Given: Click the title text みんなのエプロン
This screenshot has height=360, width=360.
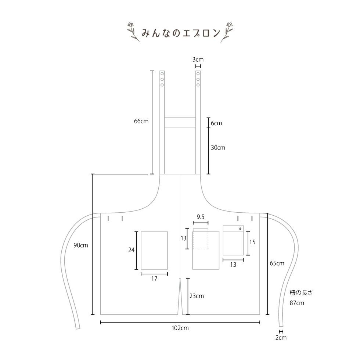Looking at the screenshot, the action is point(181,33).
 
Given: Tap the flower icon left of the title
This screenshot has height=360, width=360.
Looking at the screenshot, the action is point(133,32).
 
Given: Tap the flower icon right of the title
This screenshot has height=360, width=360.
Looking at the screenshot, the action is point(227,32).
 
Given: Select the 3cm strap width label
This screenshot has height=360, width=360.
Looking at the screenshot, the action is point(198,60).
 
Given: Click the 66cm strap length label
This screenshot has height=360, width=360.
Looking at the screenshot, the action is point(141,121).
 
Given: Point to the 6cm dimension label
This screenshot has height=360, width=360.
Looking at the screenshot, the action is point(216,123).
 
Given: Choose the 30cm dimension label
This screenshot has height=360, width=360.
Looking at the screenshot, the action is point(218,148).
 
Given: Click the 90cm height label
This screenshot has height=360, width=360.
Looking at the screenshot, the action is point(80,245).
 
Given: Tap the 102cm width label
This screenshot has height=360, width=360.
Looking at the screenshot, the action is point(180,328).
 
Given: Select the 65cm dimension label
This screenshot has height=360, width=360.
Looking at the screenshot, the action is point(277,263).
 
